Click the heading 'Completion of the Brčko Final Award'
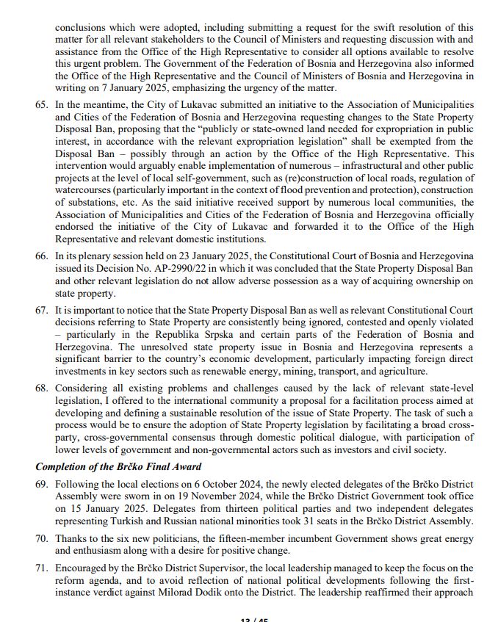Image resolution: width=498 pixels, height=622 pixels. [x=119, y=467]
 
